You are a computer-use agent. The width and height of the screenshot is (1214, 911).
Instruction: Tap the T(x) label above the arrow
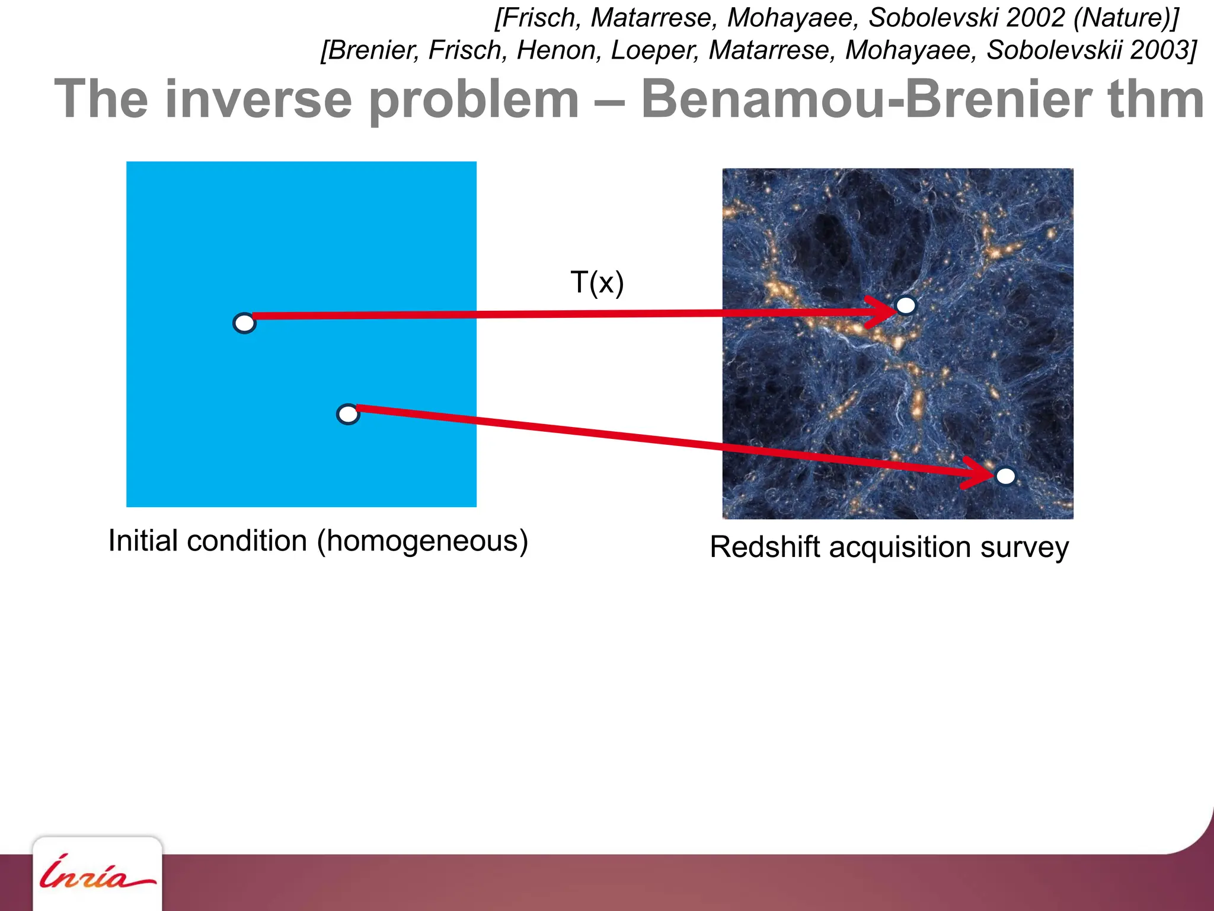click(597, 282)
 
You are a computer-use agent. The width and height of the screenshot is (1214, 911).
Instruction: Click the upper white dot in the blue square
click(244, 323)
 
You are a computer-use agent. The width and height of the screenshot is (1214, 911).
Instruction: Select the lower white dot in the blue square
click(348, 414)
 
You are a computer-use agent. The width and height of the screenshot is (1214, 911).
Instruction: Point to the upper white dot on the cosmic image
click(906, 305)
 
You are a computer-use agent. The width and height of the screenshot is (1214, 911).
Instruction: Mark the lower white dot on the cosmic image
click(1005, 476)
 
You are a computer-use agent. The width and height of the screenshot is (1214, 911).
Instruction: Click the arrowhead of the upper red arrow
click(883, 311)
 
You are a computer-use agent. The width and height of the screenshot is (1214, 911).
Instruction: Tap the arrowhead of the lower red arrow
click(981, 473)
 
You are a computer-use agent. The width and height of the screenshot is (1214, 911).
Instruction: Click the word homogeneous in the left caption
click(422, 541)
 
